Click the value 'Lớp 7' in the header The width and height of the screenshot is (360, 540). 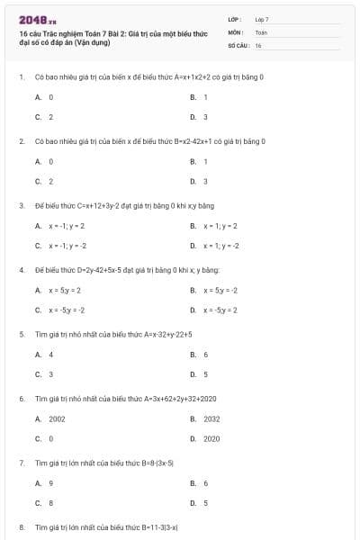pyautogui.click(x=262, y=19)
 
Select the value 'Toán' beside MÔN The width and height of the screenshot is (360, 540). pyautogui.click(x=261, y=31)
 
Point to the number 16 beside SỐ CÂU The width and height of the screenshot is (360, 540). pyautogui.click(x=258, y=44)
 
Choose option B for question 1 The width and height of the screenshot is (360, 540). pyautogui.click(x=205, y=96)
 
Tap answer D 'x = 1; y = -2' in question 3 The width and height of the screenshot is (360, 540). pyautogui.click(x=221, y=245)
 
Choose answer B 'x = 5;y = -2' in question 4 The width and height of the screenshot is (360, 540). pyautogui.click(x=220, y=290)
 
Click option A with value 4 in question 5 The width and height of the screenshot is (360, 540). pyautogui.click(x=50, y=355)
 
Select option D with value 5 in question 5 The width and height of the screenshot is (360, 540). pyautogui.click(x=205, y=373)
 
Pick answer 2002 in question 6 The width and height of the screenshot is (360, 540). pyautogui.click(x=57, y=418)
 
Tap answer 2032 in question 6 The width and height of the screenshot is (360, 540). pyautogui.click(x=211, y=418)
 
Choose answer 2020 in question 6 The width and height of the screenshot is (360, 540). pyautogui.click(x=211, y=438)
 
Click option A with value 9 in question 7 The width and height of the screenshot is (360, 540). pyautogui.click(x=50, y=483)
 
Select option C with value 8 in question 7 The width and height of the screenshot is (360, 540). pyautogui.click(x=50, y=502)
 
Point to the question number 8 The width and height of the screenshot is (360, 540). pyautogui.click(x=22, y=526)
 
